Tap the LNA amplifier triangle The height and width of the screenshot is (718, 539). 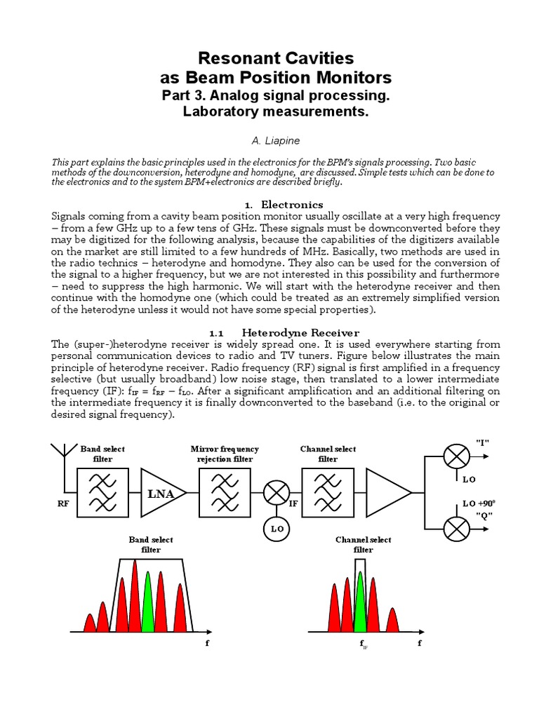[x=162, y=493]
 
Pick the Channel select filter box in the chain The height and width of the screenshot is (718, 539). [x=327, y=493]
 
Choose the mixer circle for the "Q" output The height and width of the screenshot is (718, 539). [x=457, y=528]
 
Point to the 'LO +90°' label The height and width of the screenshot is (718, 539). [x=479, y=503]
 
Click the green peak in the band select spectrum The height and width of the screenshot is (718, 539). [x=147, y=602]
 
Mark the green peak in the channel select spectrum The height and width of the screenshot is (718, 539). [x=360, y=602]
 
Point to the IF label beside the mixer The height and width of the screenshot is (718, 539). [x=293, y=503]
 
